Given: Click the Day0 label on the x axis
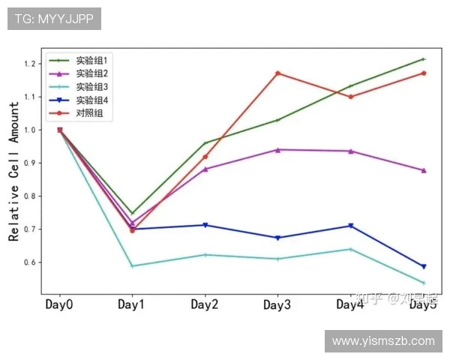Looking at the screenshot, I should click(59, 304).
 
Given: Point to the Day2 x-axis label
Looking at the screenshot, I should click(205, 304).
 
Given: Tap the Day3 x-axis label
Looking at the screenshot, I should click(277, 304).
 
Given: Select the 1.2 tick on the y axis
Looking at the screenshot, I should click(30, 64).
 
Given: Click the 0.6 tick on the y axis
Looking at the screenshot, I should click(30, 262).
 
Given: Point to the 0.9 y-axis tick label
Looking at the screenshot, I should click(30, 163).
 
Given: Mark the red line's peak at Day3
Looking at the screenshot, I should click(277, 73).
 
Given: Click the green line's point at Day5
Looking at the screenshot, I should click(424, 59).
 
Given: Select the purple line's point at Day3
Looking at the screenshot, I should click(277, 150).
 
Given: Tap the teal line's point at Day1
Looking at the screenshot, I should click(132, 266).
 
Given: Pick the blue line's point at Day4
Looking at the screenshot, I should click(350, 226).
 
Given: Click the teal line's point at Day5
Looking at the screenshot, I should click(424, 283).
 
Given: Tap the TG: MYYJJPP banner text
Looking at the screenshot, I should click(54, 19).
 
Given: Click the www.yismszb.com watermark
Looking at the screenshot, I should click(383, 341).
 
